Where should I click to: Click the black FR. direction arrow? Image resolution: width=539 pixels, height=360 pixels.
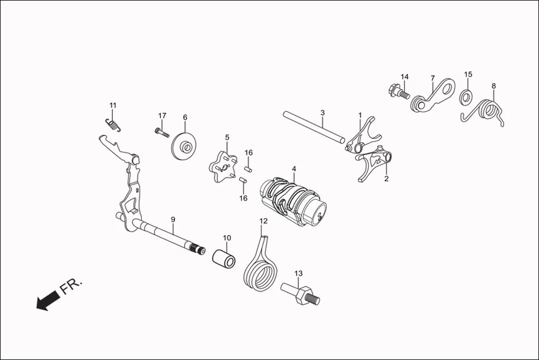coord(47,300)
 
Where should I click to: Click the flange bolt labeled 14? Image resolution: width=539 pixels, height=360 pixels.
coord(397,91)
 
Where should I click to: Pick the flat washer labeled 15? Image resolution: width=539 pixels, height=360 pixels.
coord(465,98)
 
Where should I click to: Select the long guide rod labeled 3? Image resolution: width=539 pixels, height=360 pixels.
coord(313,127)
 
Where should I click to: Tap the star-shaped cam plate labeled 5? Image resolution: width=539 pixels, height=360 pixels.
coord(222,166)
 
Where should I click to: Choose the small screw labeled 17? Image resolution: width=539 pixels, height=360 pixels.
coord(161,132)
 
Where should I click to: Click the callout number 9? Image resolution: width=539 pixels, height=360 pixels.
coord(173,219)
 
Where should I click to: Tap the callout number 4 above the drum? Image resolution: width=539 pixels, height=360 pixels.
coord(293,169)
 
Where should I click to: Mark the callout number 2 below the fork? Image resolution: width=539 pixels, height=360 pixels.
coord(386,179)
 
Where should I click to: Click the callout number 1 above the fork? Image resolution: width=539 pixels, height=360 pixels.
coord(360,115)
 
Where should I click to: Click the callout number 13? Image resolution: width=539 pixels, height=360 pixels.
coord(298,273)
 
